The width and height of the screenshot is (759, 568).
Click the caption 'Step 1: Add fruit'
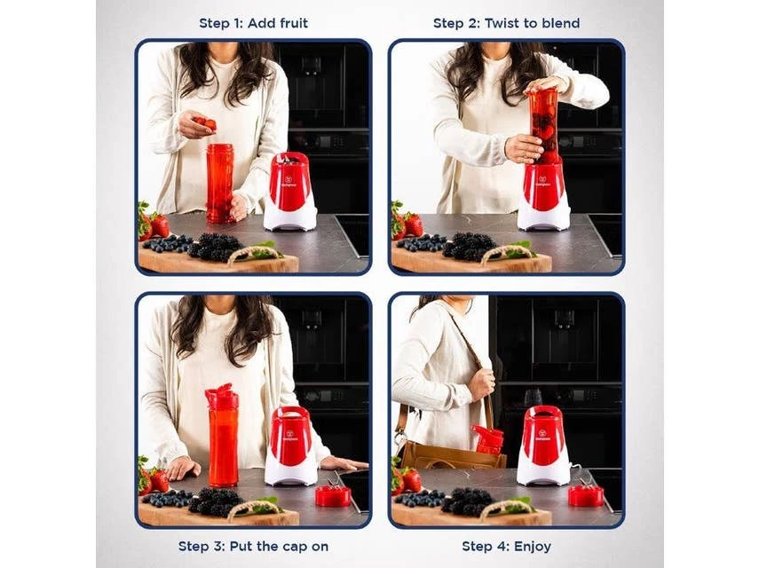point(253,23)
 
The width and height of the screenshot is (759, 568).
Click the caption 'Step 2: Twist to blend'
point(506,23)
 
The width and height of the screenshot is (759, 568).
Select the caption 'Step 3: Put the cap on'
point(253,546)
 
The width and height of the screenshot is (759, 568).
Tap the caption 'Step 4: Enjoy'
point(506,546)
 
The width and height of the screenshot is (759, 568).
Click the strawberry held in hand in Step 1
point(206,122)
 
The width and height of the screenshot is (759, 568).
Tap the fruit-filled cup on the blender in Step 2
point(543,124)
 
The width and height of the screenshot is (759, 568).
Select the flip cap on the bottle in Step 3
point(220,397)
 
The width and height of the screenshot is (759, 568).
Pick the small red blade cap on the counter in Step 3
point(333,494)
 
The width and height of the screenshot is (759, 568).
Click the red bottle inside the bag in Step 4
point(488,439)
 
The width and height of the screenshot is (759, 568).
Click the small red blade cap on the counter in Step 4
point(585,493)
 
